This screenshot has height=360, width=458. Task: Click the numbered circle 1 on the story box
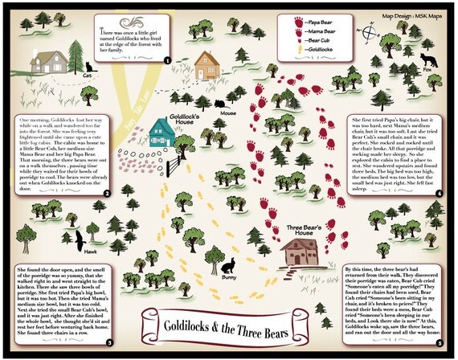[166, 59]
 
